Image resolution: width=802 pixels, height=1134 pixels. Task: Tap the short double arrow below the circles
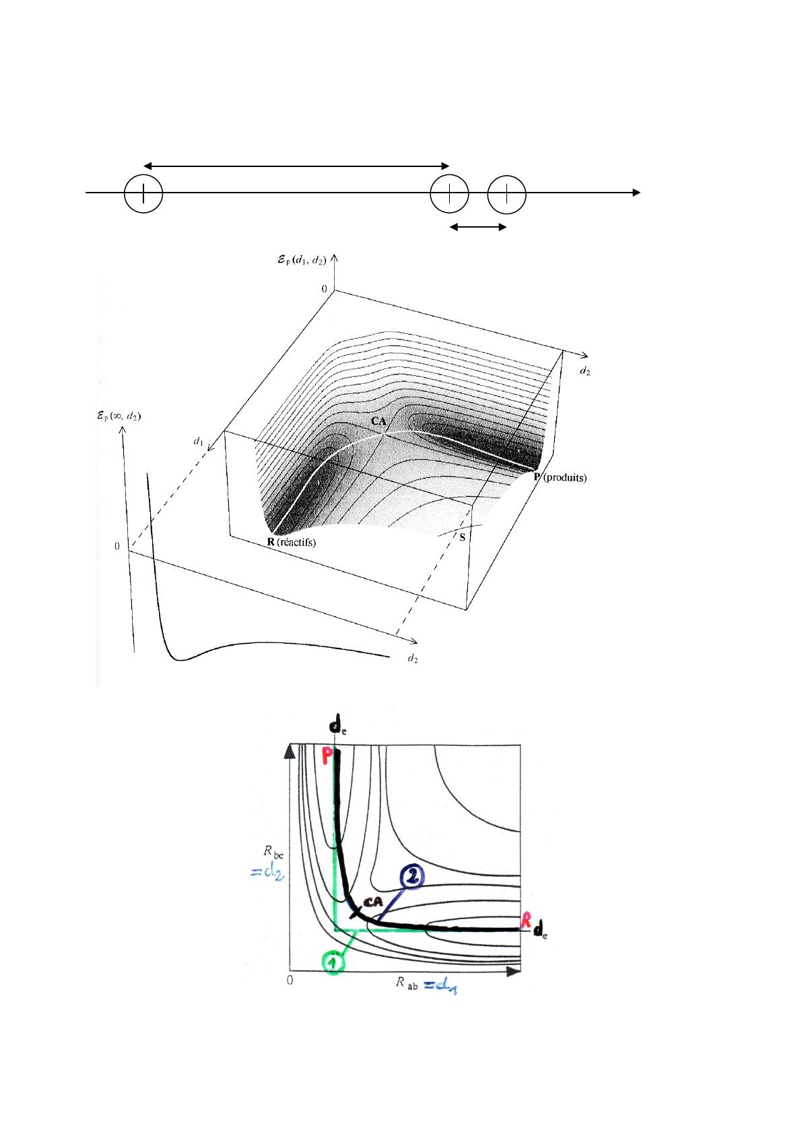(x=478, y=228)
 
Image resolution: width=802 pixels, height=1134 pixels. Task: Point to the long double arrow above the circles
(x=296, y=165)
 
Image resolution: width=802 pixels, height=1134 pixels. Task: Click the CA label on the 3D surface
(x=378, y=420)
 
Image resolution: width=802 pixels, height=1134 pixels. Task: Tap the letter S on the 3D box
(x=463, y=537)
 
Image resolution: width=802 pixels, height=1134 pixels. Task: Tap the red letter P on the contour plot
(x=328, y=756)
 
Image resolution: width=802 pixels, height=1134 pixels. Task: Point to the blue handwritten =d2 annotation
(x=264, y=873)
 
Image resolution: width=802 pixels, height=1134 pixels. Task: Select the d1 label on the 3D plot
(x=198, y=442)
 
